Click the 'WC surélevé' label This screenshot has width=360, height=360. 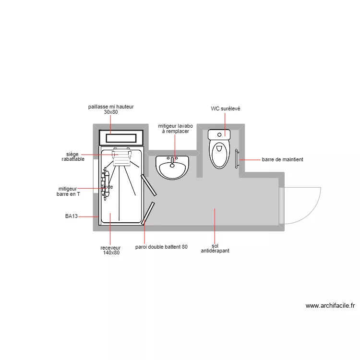tap(225, 109)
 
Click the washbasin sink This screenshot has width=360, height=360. tap(172, 168)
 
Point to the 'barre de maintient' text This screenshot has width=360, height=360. tap(282, 159)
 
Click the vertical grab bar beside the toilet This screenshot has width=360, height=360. tap(237, 159)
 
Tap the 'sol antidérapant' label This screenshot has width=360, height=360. tap(215, 248)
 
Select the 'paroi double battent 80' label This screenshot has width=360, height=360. tap(161, 247)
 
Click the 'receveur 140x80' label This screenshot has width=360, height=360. tap(110, 250)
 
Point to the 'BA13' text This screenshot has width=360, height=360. tap(72, 216)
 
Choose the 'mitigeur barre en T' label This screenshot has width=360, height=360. tap(68, 192)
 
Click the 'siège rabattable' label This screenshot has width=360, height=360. tap(73, 156)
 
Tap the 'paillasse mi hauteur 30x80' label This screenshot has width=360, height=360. tap(110, 109)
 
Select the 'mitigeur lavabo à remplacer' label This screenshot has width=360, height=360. tap(175, 129)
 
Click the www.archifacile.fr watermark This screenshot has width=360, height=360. tap(330, 305)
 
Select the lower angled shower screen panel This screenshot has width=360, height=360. tap(148, 214)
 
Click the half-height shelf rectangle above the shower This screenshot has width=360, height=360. tap(121, 138)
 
